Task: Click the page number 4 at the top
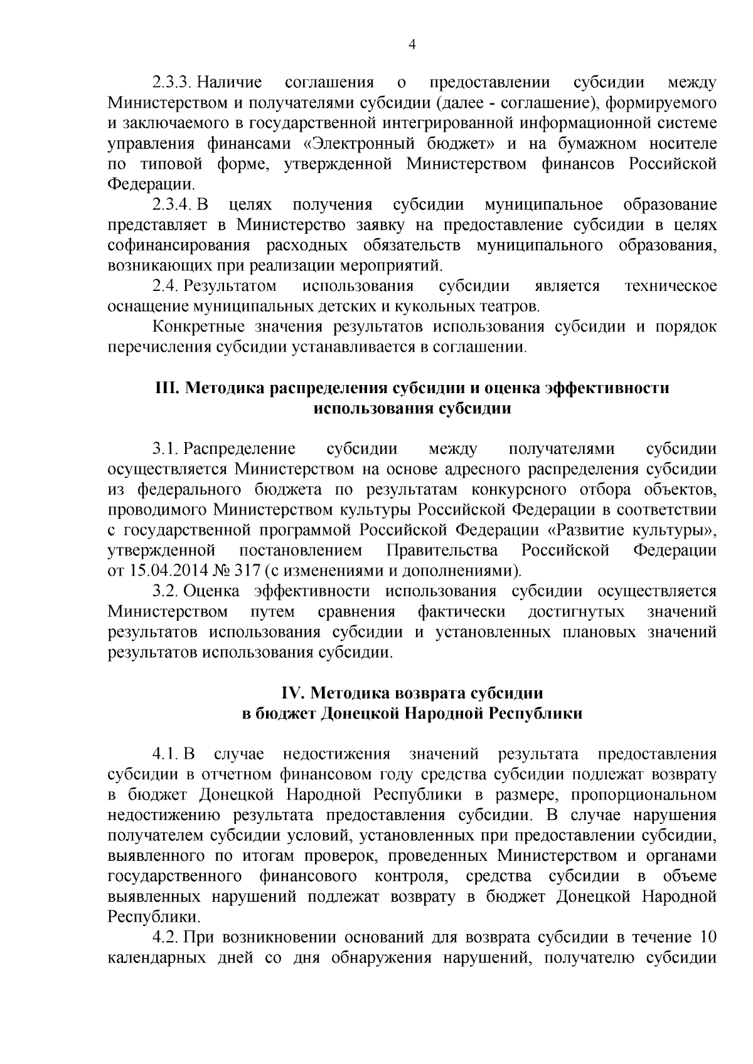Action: coord(412,44)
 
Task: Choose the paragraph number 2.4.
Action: coord(167,287)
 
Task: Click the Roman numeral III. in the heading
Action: coord(168,388)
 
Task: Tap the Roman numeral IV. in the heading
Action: coord(292,693)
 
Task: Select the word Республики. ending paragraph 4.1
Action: coord(154,917)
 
